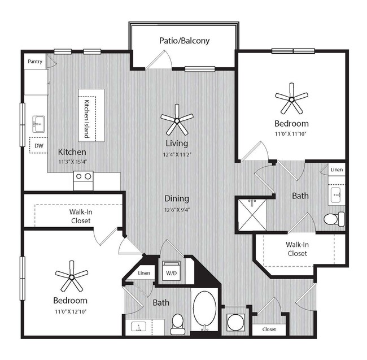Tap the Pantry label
(x=35, y=61)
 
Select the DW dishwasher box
(x=38, y=145)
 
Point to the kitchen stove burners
(x=83, y=176)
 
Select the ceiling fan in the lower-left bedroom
(x=71, y=276)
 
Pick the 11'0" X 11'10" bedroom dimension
(x=291, y=135)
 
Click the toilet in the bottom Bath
(x=178, y=323)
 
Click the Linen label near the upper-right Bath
(x=337, y=170)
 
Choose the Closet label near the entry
(x=269, y=329)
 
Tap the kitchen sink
(x=38, y=122)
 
